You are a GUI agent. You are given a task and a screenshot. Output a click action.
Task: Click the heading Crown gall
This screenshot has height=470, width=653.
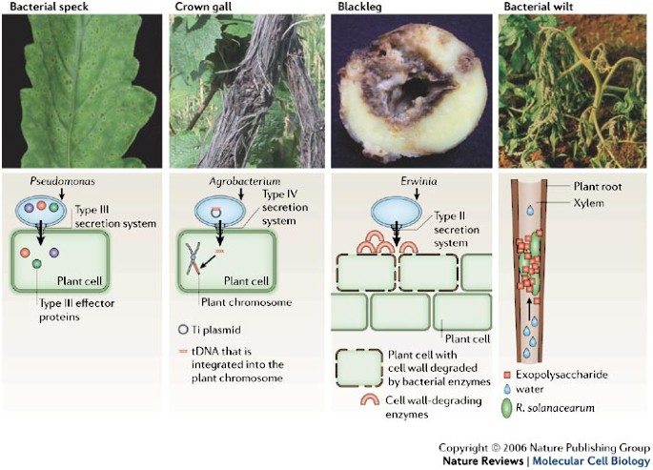pos(202,8)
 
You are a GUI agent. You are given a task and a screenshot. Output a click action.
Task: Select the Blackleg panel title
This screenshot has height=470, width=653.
pos(358,8)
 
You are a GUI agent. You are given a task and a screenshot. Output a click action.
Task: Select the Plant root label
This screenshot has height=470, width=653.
pos(602,188)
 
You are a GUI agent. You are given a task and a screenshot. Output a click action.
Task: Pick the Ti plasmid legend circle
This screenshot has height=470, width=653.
pos(182,330)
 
